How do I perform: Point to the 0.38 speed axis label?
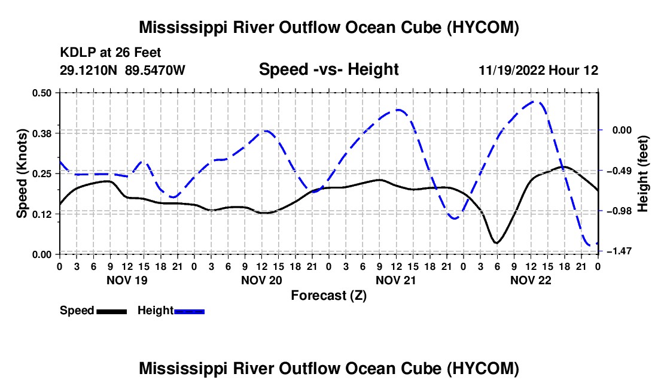pyautogui.click(x=42, y=133)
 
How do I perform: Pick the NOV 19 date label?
pyautogui.click(x=127, y=280)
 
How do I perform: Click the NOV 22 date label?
pyautogui.click(x=531, y=280)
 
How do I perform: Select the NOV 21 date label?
pyautogui.click(x=396, y=280)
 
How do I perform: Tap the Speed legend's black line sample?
pyautogui.click(x=112, y=312)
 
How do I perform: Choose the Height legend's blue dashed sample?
pyautogui.click(x=189, y=312)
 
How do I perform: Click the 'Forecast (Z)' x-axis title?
pyautogui.click(x=329, y=296)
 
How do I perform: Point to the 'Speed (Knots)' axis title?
pyautogui.click(x=22, y=174)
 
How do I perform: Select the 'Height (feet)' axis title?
pyautogui.click(x=643, y=174)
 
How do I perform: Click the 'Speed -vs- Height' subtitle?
pyautogui.click(x=329, y=69)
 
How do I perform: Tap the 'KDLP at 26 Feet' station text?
pyautogui.click(x=111, y=53)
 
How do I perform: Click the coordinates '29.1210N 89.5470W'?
pyautogui.click(x=123, y=70)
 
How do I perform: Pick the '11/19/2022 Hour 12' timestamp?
pyautogui.click(x=538, y=70)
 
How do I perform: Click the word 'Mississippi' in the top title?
pyautogui.click(x=181, y=28)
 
